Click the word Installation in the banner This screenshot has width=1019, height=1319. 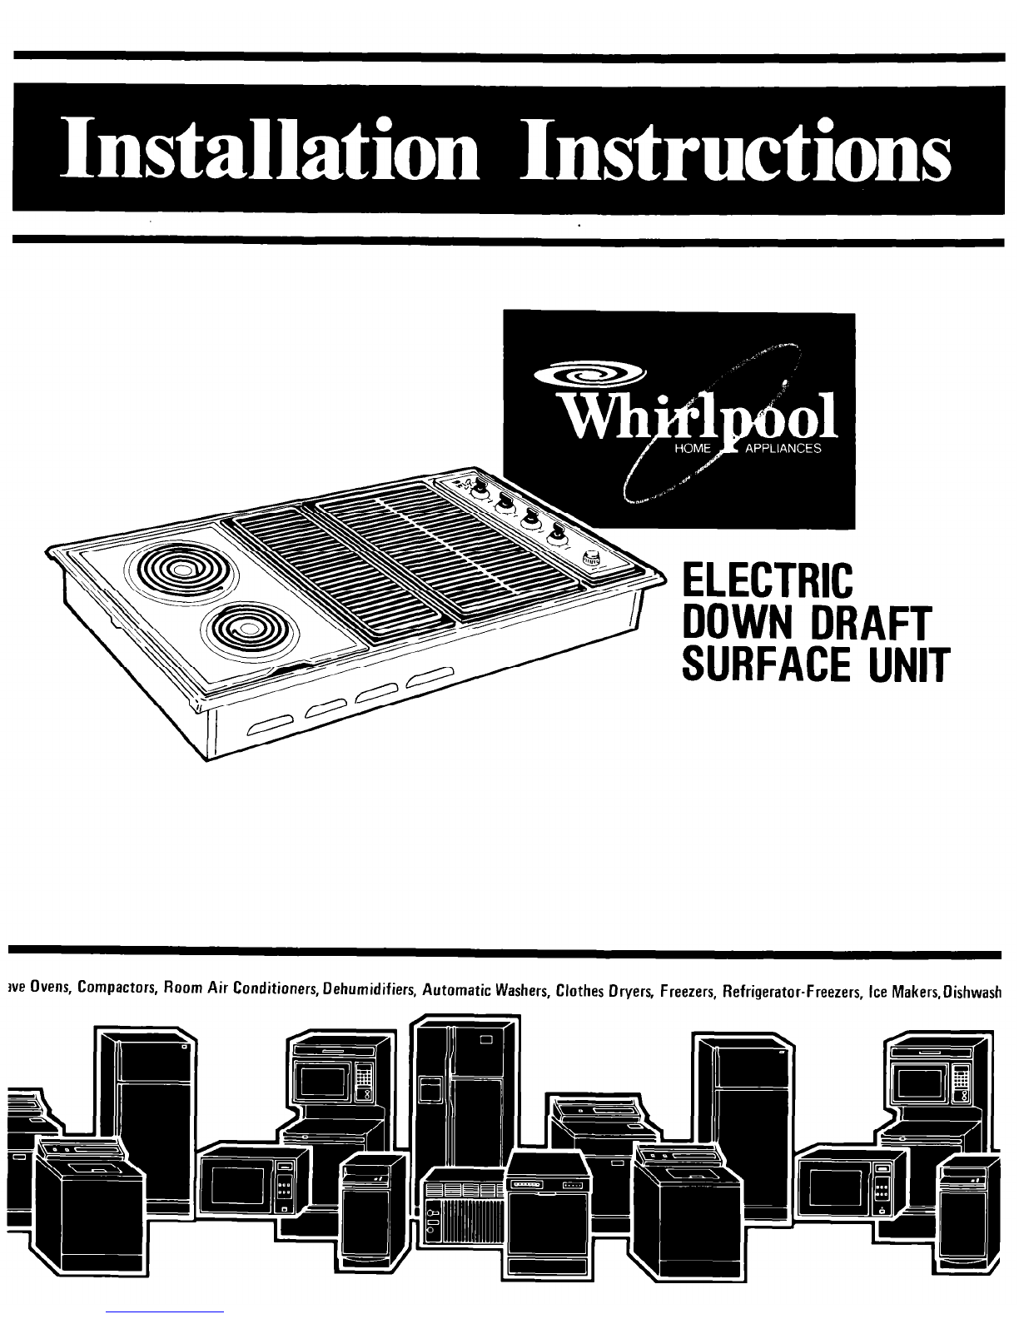[271, 148]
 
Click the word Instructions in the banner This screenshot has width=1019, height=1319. [736, 148]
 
